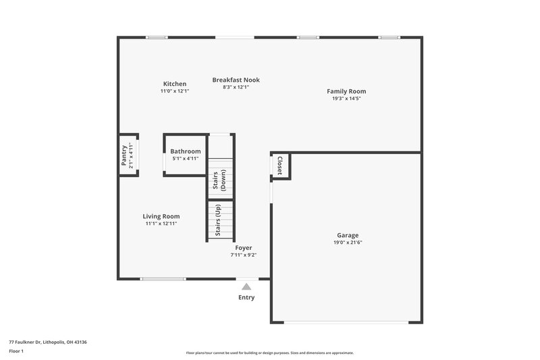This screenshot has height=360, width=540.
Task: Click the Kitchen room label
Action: [174, 84]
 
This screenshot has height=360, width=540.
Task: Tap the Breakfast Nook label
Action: [236, 80]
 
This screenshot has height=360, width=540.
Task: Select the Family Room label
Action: [346, 91]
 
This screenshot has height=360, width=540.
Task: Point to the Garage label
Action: [348, 235]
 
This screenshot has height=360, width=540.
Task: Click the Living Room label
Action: [161, 216]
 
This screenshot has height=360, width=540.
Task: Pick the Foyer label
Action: [244, 248]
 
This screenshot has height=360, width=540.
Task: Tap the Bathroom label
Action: [185, 151]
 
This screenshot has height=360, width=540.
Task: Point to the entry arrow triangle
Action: [246, 286]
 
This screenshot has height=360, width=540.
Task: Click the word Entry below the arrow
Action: [246, 297]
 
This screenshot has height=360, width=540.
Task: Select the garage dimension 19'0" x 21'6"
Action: [348, 242]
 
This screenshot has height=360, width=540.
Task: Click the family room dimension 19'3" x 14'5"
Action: [346, 99]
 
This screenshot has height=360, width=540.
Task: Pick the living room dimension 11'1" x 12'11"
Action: [161, 224]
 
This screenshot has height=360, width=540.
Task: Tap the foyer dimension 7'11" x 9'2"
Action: [244, 255]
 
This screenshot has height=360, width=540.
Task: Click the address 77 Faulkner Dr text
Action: [47, 342]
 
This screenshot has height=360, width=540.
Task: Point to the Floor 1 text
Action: [16, 351]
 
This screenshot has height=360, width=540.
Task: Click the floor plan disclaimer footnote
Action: [269, 353]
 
